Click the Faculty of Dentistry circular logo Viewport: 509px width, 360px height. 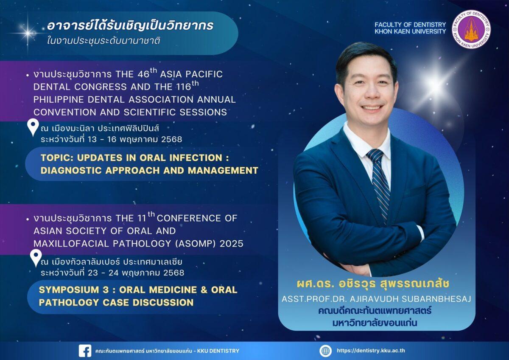(x=471, y=29)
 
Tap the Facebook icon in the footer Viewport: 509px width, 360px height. (x=85, y=351)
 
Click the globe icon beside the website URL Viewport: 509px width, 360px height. (x=325, y=351)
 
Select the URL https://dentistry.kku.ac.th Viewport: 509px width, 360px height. (x=371, y=351)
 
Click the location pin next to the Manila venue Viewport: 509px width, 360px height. (x=33, y=128)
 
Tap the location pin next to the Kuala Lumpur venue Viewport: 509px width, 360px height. (x=36, y=258)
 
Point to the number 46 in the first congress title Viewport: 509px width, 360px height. (x=143, y=75)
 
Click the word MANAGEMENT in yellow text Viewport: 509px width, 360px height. (x=223, y=170)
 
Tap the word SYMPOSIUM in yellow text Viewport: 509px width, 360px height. (x=69, y=290)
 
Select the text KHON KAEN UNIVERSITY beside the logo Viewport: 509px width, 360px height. (x=410, y=31)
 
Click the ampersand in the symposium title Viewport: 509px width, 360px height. (x=204, y=290)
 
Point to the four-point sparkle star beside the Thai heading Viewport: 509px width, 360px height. (x=28, y=33)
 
